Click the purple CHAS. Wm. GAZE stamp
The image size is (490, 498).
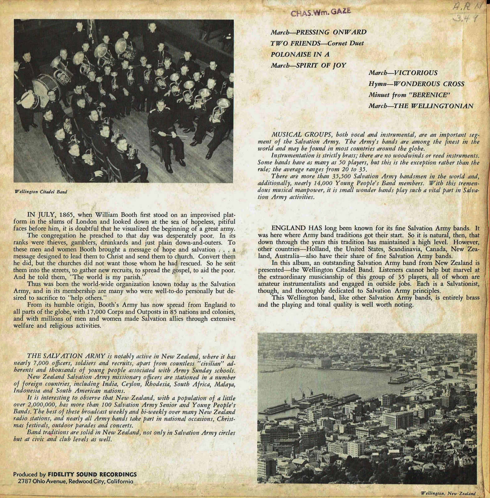point(321,12)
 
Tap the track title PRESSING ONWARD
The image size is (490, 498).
point(331,32)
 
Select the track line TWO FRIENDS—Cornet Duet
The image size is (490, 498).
point(317,43)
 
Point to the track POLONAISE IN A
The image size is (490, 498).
point(300,54)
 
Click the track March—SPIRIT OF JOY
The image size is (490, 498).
point(308,65)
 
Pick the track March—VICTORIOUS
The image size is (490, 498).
point(403,73)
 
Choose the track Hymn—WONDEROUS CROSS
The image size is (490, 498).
point(416,84)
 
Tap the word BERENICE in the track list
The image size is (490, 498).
point(430,95)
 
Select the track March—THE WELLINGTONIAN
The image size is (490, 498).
point(421,106)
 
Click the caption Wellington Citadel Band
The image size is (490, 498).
point(41,192)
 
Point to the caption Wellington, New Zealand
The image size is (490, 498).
point(448,493)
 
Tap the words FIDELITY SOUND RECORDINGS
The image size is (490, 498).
point(92,475)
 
